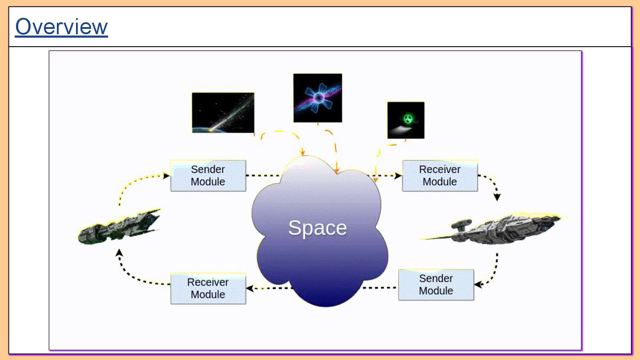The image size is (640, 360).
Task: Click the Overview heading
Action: click(x=61, y=27)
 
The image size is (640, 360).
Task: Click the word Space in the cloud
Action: click(x=317, y=228)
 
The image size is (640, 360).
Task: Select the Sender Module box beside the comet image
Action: click(x=208, y=176)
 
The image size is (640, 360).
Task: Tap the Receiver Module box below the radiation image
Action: click(x=440, y=176)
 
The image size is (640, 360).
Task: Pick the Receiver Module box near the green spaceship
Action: click(x=208, y=288)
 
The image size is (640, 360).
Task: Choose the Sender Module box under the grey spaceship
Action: click(x=436, y=284)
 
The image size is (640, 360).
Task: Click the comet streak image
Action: click(x=223, y=112)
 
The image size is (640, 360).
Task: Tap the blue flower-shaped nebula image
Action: click(x=317, y=98)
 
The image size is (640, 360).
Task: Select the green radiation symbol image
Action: click(x=405, y=120)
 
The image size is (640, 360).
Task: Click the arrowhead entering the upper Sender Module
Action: click(x=167, y=176)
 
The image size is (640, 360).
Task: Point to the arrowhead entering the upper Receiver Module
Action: click(x=399, y=176)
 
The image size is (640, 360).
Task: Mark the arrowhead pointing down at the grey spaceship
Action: click(x=497, y=197)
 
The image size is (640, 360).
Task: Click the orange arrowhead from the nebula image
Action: click(x=337, y=170)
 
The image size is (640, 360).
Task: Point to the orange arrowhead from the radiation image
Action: click(x=375, y=180)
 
